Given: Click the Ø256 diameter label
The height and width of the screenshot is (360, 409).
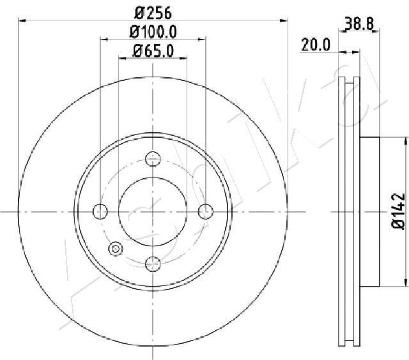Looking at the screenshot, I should click(x=153, y=12).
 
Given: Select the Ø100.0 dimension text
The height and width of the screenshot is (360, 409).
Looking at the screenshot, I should click(x=153, y=31).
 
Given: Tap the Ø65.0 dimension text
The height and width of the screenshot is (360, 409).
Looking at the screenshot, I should click(x=153, y=51).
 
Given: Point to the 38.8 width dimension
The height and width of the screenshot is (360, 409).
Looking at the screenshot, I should click(x=359, y=24).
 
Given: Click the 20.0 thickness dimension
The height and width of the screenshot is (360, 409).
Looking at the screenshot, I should click(x=315, y=44).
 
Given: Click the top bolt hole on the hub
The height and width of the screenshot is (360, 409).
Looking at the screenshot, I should click(x=153, y=159).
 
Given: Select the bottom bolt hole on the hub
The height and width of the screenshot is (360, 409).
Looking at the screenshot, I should click(x=153, y=262).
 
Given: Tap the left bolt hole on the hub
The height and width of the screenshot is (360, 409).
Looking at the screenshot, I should click(x=100, y=211).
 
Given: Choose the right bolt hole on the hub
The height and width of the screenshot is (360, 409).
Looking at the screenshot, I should click(x=205, y=211).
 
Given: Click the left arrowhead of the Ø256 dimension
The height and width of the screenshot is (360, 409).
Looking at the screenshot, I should click(x=21, y=21).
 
